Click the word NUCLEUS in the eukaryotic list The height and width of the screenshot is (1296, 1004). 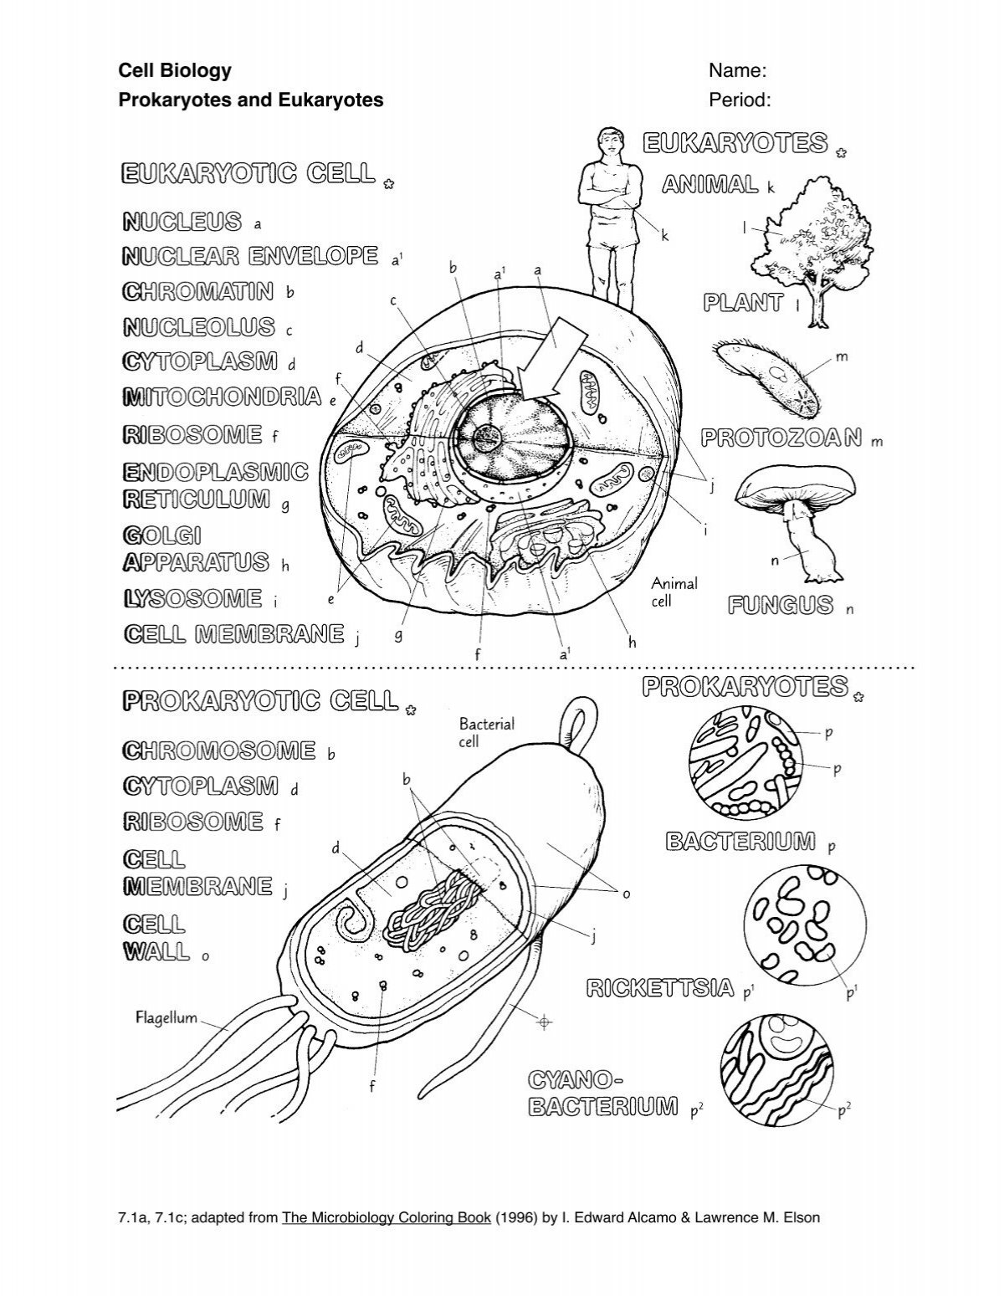[182, 222]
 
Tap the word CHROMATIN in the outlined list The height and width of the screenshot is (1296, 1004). [198, 291]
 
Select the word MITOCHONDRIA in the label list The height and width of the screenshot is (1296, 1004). [222, 396]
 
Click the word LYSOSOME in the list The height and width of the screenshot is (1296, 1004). [192, 598]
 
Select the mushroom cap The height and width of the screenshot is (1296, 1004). [796, 486]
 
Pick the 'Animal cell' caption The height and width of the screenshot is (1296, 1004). [674, 592]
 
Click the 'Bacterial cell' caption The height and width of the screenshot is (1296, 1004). [486, 732]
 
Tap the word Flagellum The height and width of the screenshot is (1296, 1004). [166, 1017]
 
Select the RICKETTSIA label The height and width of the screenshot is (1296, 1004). [661, 989]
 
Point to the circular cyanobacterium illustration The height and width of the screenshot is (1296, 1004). [776, 1070]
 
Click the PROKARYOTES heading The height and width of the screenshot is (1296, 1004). [745, 687]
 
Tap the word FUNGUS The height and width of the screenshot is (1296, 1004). [780, 605]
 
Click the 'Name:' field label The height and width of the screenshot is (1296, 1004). [738, 71]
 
